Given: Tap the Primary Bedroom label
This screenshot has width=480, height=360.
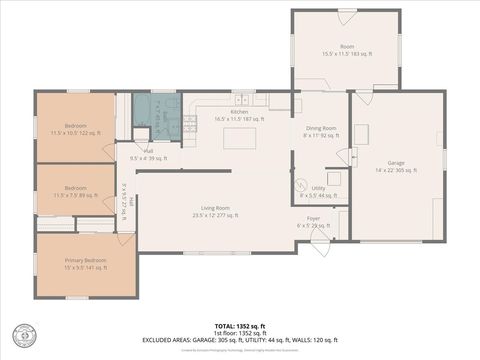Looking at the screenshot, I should (85, 264).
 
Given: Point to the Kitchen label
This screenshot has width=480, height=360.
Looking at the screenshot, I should (239, 115).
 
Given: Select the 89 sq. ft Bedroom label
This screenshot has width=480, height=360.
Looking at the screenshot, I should (75, 191).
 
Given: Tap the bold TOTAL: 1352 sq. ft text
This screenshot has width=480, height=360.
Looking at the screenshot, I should (239, 326).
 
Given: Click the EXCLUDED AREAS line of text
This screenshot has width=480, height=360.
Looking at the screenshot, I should (239, 340).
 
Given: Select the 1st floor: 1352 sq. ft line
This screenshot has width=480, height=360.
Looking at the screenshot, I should (239, 333).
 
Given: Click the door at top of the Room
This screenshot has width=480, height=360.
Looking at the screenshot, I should (346, 18).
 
